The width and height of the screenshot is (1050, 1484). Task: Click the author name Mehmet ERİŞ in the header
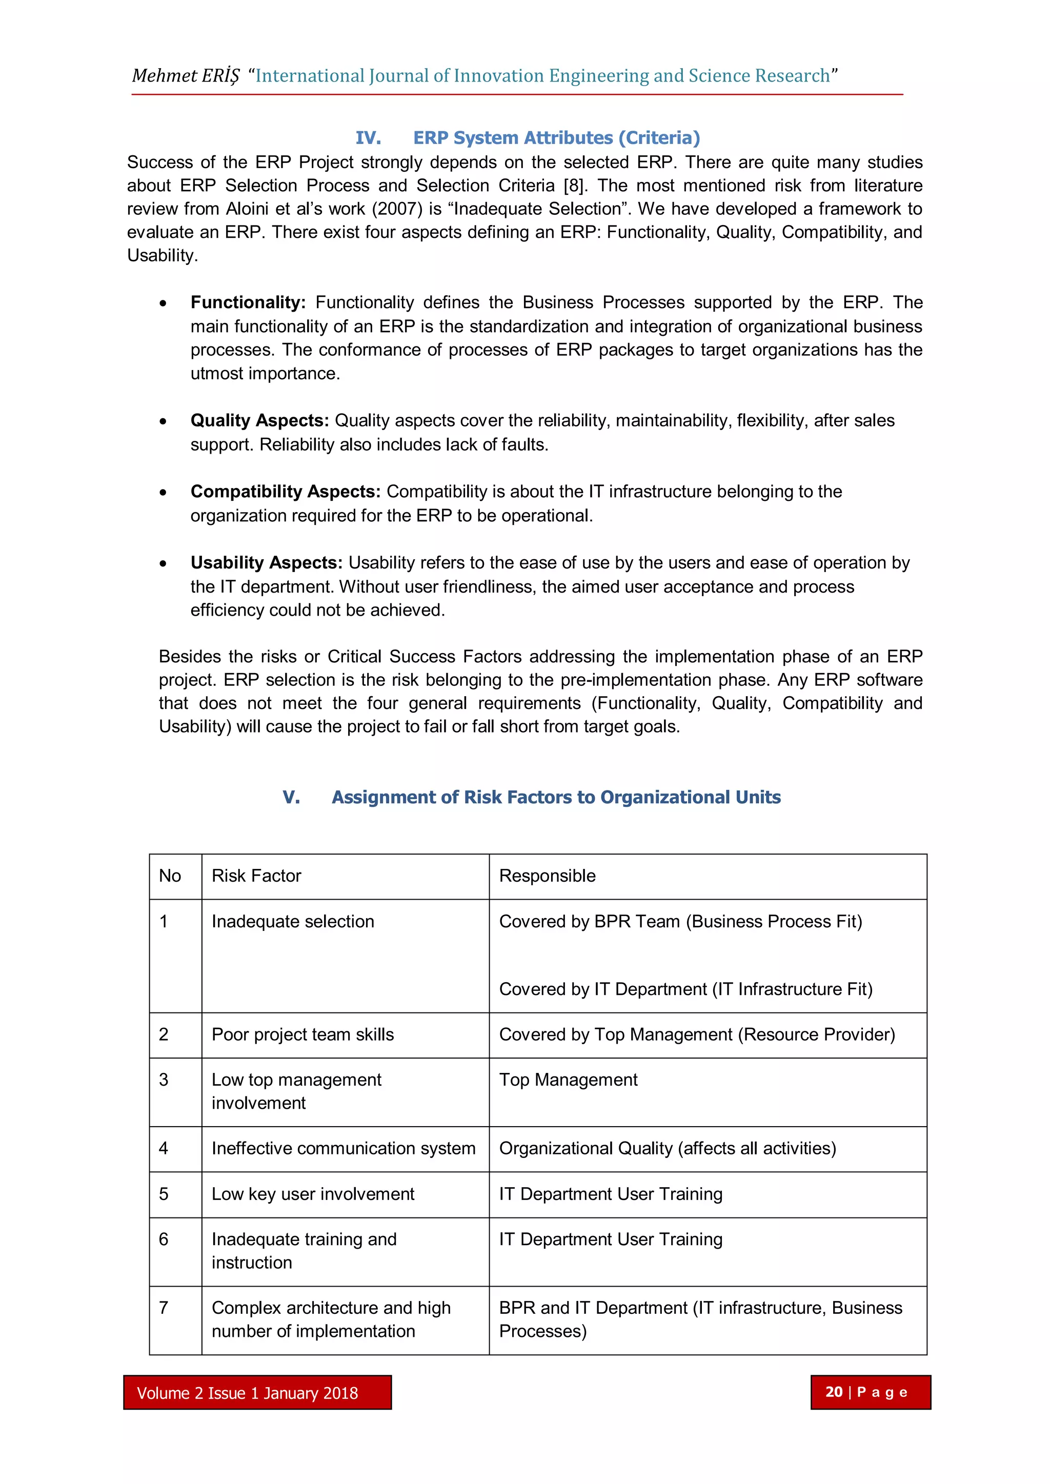(x=185, y=76)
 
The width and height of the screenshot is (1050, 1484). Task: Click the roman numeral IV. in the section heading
(x=368, y=138)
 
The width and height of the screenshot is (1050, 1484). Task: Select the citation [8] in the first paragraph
(x=575, y=186)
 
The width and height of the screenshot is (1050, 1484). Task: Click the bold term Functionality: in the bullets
(x=248, y=302)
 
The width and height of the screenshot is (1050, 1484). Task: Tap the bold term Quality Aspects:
(x=259, y=421)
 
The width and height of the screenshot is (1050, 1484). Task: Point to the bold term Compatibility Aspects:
(x=285, y=492)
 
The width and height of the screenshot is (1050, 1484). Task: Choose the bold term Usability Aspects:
(x=266, y=563)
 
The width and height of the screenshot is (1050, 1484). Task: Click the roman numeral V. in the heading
(x=291, y=797)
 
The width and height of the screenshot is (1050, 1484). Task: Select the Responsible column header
(x=547, y=876)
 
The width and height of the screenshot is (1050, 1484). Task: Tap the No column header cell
(x=170, y=876)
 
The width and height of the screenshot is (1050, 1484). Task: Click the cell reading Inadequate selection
(x=293, y=922)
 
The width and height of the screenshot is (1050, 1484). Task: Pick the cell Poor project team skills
(x=302, y=1035)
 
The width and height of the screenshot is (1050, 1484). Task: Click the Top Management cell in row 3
(x=568, y=1080)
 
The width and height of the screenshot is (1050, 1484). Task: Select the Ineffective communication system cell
(x=344, y=1149)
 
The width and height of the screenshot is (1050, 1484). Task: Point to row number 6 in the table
(x=164, y=1239)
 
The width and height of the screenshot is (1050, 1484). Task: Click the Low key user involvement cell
(x=313, y=1194)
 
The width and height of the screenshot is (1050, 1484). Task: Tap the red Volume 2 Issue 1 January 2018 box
(x=257, y=1393)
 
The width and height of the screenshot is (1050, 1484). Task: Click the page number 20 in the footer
(x=834, y=1392)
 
